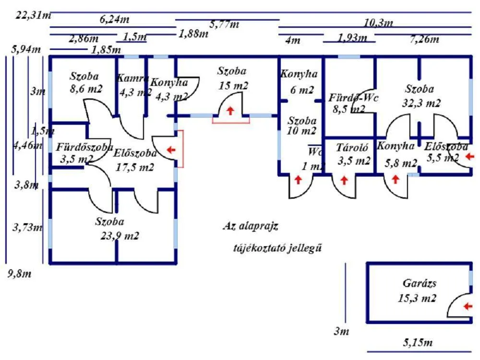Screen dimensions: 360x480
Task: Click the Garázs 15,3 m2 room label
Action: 417,291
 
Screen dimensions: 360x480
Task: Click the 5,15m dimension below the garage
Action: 417,343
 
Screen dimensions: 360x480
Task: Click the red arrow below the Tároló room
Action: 344,180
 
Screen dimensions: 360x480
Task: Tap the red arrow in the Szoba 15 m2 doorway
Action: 231,111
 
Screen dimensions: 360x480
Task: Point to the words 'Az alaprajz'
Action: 251,226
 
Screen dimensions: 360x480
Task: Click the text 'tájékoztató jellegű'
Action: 277,248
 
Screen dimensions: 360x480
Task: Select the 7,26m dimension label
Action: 424,39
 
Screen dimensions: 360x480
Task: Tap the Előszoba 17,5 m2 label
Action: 135,160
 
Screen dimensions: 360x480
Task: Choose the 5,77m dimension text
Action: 224,24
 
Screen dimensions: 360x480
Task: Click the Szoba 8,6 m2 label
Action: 84,82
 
